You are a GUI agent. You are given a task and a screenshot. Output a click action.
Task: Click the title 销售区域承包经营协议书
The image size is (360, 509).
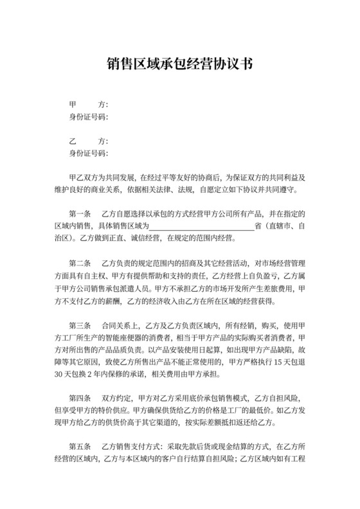tap(179, 64)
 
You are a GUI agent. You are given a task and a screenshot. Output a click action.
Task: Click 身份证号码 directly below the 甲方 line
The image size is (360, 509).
tap(88, 117)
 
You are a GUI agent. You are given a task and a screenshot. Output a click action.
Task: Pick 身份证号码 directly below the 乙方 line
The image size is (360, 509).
tap(88, 154)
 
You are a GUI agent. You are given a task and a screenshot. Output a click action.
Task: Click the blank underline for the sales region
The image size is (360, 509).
tap(202, 226)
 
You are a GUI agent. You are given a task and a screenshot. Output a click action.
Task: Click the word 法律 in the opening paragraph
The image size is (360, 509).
tap(163, 190)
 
